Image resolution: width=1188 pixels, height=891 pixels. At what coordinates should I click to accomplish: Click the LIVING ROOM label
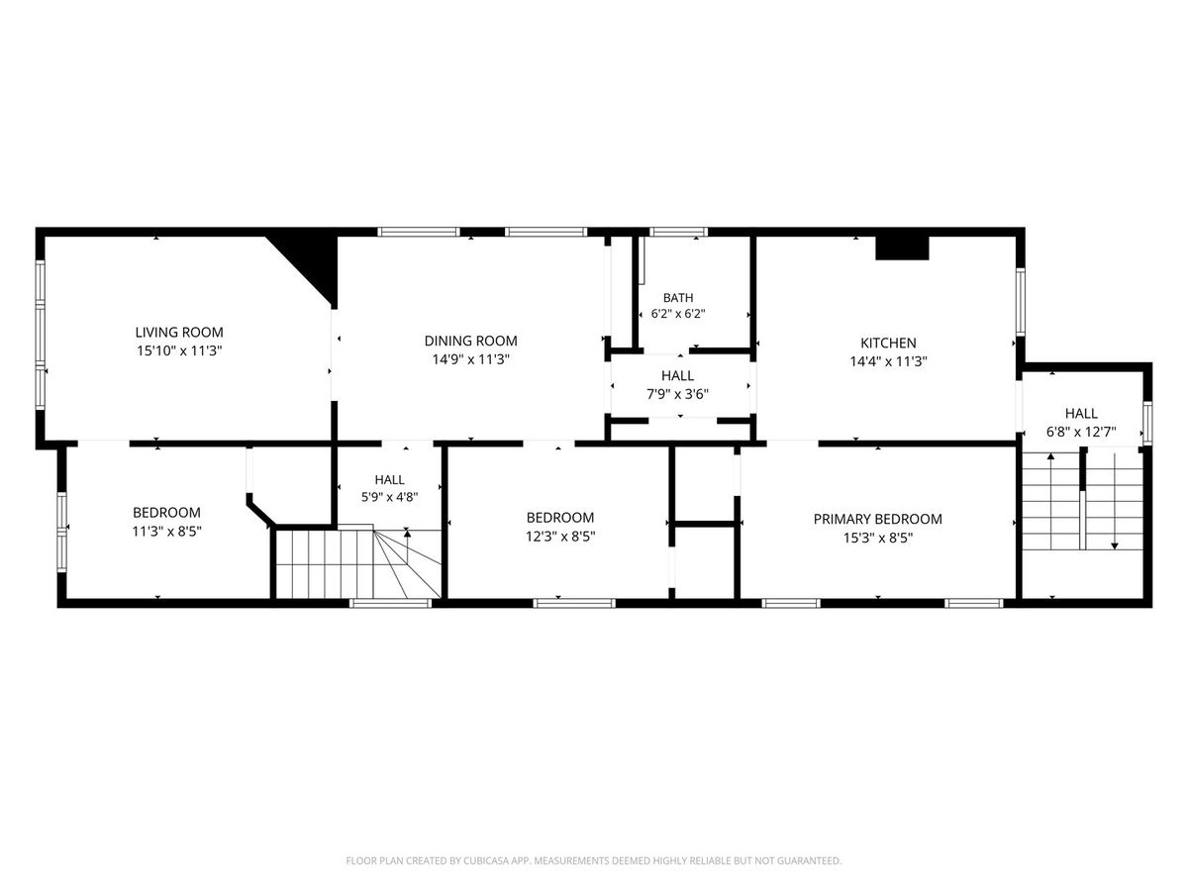point(179,333)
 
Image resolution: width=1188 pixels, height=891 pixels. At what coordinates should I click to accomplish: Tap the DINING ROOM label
point(470,341)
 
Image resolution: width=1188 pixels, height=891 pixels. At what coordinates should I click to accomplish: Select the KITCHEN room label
point(888,343)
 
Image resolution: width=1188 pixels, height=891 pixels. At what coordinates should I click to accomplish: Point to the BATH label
point(677,298)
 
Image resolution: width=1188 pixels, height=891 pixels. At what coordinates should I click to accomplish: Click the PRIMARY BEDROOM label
point(877,520)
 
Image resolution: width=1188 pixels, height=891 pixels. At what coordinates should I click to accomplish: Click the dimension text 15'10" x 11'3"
point(179,351)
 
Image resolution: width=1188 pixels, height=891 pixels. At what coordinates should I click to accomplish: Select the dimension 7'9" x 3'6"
point(677,394)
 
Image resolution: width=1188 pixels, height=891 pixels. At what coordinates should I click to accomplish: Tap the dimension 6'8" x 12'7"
point(1081,433)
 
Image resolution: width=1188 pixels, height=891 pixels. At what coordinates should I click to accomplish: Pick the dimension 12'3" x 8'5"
point(560,537)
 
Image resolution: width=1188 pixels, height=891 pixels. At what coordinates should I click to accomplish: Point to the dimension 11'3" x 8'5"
point(166,532)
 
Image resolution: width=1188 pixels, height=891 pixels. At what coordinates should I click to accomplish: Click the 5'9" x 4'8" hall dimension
point(389,497)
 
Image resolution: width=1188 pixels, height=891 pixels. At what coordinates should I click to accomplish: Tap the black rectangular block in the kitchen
point(902,247)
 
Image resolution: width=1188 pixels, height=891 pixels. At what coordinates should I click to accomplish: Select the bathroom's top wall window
point(679,232)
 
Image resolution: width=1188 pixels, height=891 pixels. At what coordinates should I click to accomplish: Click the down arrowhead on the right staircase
point(1115,546)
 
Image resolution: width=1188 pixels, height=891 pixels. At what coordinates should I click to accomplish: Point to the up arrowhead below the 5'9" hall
point(407,534)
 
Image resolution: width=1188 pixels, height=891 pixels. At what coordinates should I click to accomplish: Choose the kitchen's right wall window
point(1021,302)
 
